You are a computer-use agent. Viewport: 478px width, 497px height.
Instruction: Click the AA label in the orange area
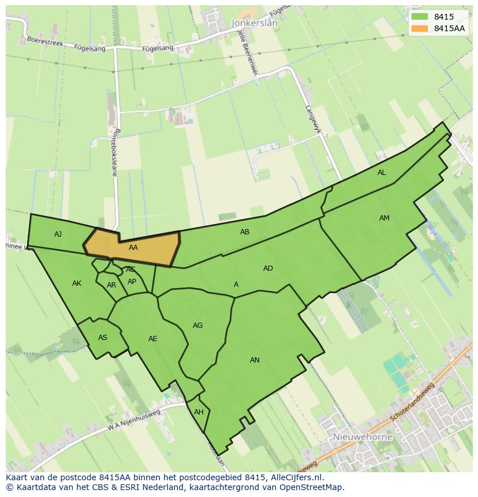[x=133, y=248]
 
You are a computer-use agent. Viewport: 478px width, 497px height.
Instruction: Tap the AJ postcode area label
[x=58, y=234]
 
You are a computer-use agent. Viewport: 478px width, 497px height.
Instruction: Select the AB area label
[x=245, y=232]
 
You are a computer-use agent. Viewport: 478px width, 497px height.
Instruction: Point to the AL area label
[x=382, y=173]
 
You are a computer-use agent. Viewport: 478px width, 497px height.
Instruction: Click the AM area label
[x=384, y=218]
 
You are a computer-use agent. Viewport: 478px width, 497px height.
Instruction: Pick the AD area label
[x=268, y=268]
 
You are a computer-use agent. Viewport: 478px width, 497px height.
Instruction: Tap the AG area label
[x=197, y=326]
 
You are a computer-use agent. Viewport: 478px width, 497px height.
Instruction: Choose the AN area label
[x=255, y=360]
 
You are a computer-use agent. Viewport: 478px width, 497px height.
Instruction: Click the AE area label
[x=152, y=339]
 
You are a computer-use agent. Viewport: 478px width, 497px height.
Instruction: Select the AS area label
[x=103, y=338]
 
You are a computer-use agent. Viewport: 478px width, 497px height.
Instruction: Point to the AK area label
[x=77, y=283]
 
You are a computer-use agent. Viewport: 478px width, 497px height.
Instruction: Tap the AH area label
[x=199, y=412]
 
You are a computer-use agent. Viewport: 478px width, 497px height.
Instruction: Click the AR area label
[x=111, y=285]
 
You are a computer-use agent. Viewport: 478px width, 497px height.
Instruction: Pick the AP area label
[x=132, y=282]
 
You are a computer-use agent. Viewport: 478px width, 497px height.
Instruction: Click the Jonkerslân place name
[x=253, y=23]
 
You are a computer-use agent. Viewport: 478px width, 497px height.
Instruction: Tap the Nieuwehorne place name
[x=363, y=437]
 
